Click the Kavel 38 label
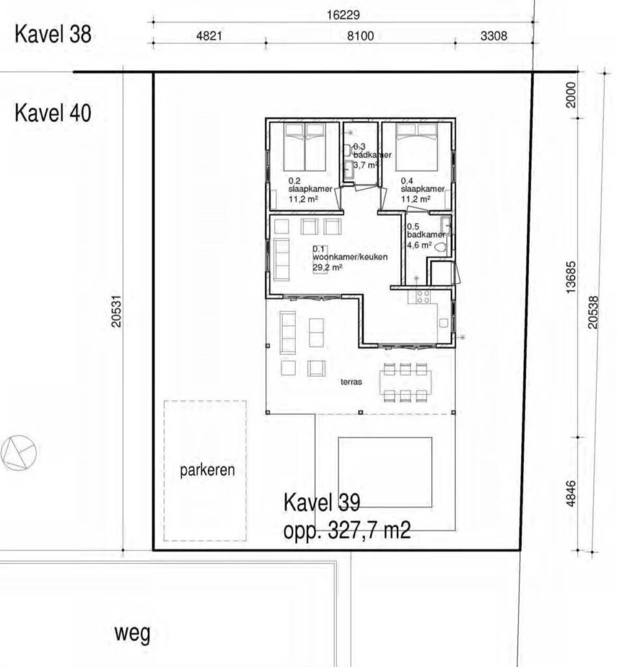(x=53, y=34)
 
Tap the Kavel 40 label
(x=53, y=113)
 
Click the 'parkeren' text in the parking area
(x=207, y=470)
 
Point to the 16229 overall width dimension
(x=343, y=16)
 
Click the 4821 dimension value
(x=209, y=36)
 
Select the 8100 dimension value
(x=360, y=36)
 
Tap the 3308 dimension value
(x=494, y=36)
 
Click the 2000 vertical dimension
(x=571, y=94)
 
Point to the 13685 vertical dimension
(x=571, y=277)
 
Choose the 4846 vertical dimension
(x=571, y=494)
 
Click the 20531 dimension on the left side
(x=116, y=311)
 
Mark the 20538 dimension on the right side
(x=593, y=312)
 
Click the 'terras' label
(x=351, y=382)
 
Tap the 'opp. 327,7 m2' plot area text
(x=347, y=530)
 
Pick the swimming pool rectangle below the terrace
(x=385, y=472)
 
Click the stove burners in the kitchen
(x=423, y=296)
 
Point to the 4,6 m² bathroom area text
(x=419, y=245)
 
